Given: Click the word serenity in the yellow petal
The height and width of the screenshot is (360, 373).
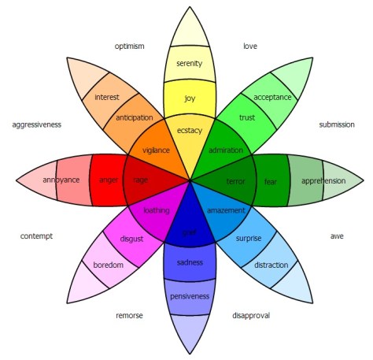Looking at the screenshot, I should click(x=190, y=63).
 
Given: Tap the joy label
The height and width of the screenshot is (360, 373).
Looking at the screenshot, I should click(x=190, y=98).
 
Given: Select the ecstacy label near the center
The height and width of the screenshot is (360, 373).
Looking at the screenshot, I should click(x=190, y=130).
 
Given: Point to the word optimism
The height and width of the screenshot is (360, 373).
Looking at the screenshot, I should click(x=129, y=46).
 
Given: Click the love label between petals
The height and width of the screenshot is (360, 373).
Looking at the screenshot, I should click(x=250, y=46).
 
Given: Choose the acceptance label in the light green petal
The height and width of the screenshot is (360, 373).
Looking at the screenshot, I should click(x=272, y=97).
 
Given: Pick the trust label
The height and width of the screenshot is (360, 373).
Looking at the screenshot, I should click(x=247, y=118).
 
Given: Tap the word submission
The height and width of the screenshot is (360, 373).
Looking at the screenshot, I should click(x=337, y=124).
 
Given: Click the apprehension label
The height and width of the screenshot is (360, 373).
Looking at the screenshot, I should click(x=323, y=180).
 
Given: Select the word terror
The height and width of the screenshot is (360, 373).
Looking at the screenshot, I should click(x=236, y=180).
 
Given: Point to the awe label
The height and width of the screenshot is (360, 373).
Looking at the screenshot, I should click(x=336, y=236).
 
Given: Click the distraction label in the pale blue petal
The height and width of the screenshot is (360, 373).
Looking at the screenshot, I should click(x=271, y=265).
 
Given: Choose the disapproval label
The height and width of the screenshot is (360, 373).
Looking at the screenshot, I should click(x=251, y=315).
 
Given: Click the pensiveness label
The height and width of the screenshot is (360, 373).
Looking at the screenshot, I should click(x=190, y=295).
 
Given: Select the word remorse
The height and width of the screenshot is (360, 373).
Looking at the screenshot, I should click(x=129, y=315).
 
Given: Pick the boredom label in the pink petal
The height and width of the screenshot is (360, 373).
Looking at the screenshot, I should click(x=108, y=265).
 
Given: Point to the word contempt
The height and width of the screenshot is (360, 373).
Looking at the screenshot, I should click(x=37, y=236).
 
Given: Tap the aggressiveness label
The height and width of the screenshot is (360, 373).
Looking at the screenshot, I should click(x=37, y=124).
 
